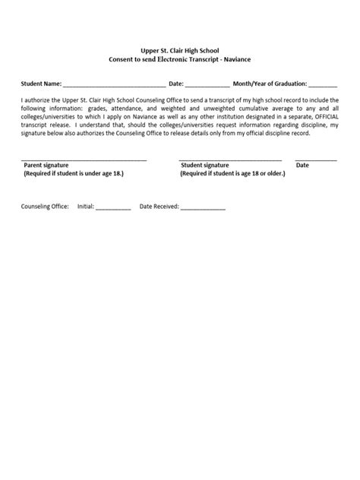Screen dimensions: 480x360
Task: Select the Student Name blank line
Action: pos(114,84)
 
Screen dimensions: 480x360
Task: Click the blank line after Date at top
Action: pos(207,84)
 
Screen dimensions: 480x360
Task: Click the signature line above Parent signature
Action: pos(84,159)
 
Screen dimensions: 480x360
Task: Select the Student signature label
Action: pos(205,165)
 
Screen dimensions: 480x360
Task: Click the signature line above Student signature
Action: pos(230,159)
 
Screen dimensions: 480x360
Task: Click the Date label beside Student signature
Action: pos(302,165)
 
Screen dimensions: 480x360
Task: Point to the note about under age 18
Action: pos(73,173)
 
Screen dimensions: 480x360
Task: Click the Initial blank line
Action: pos(113,208)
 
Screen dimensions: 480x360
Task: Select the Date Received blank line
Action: pos(202,208)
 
